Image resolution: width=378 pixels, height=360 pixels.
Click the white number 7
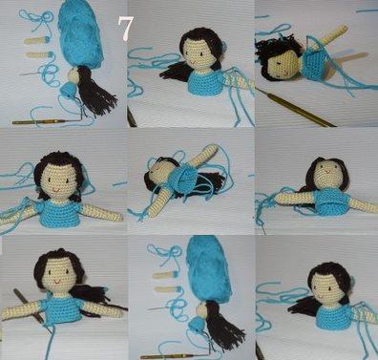point(126,28)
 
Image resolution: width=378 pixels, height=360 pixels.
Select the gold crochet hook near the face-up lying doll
point(296,108)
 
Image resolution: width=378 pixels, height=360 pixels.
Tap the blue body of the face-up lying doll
point(314,64)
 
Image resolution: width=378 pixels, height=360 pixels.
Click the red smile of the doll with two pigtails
point(56,190)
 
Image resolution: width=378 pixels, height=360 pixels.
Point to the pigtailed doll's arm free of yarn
point(102,213)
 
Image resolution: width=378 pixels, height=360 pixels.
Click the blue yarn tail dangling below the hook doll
point(50,342)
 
